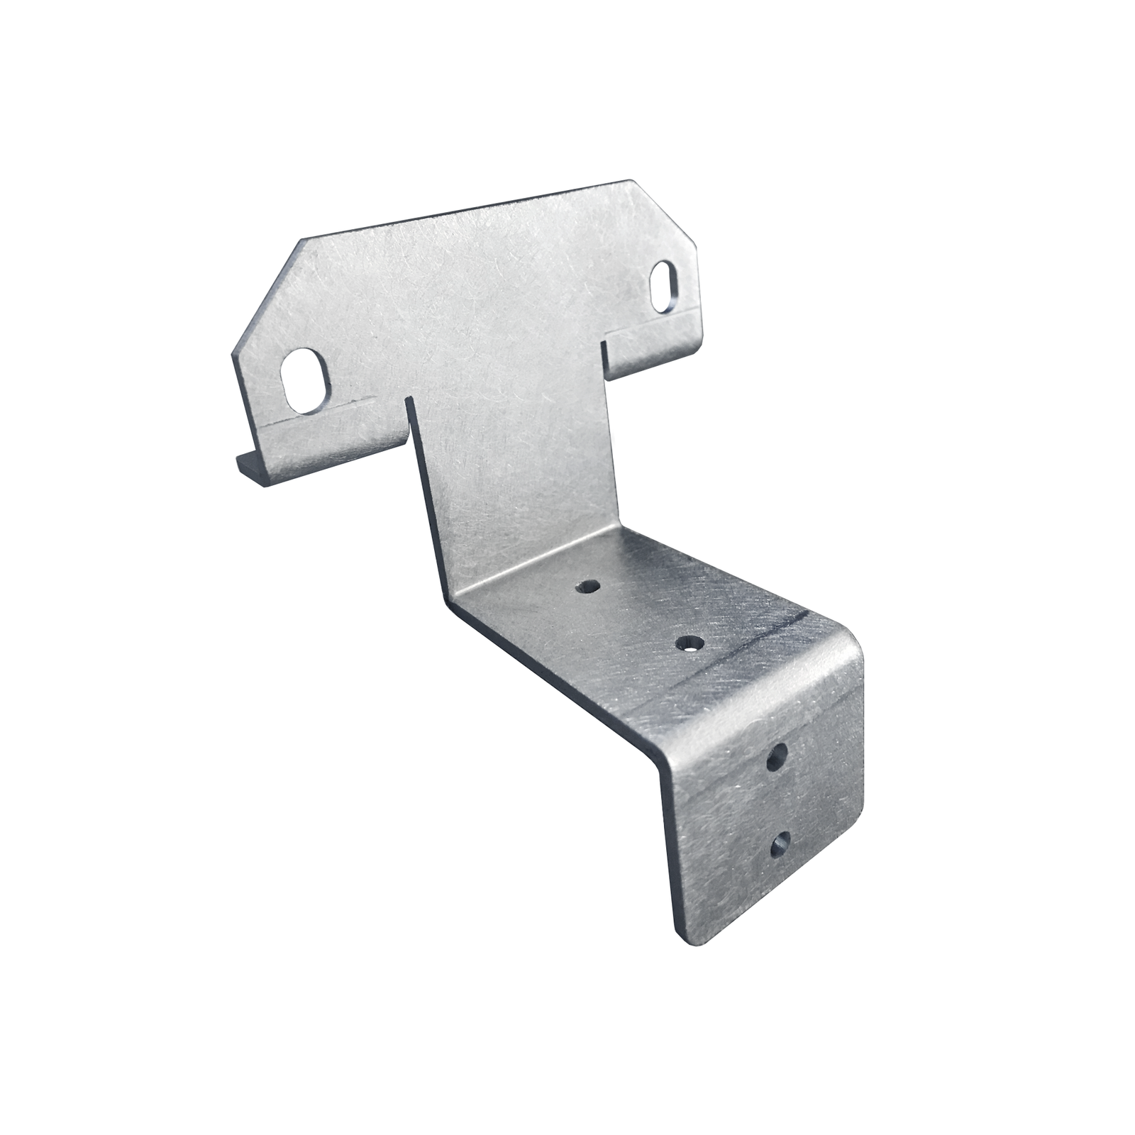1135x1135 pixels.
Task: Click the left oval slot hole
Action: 306,381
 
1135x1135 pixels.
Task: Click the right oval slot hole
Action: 664,287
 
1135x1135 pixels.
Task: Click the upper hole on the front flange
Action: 777,759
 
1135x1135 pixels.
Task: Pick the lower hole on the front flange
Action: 780,844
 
